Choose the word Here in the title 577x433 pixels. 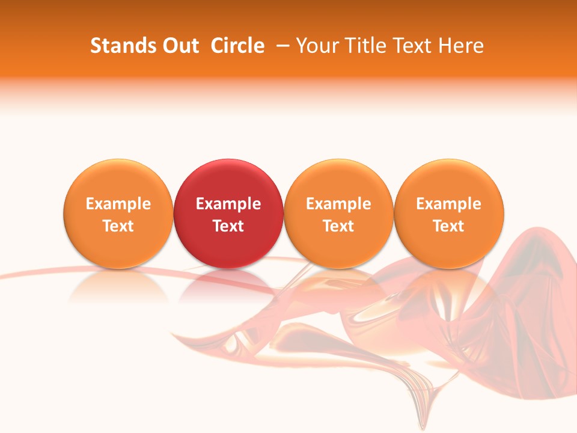coord(461,46)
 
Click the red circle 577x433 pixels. coord(228,180)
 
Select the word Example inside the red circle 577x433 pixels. coord(228,204)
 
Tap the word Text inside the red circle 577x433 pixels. coord(228,226)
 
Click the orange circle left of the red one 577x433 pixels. coord(118,180)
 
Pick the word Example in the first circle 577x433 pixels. coord(118,204)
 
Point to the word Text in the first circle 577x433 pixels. coord(118,226)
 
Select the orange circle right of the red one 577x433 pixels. coord(338,180)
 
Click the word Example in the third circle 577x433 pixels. coord(338,204)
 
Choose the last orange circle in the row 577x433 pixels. coord(449,180)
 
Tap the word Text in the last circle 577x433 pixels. coord(449,226)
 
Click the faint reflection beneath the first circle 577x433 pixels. coord(118,286)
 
